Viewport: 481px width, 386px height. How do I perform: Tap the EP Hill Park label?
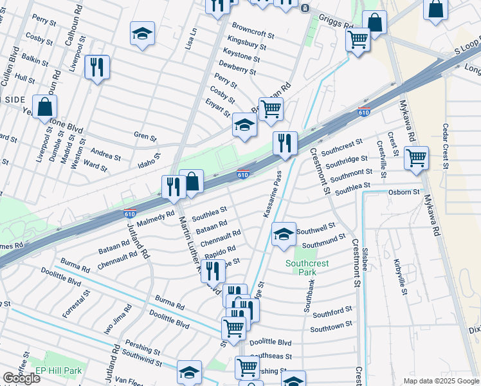click(x=59, y=371)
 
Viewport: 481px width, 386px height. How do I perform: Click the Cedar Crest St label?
click(x=444, y=146)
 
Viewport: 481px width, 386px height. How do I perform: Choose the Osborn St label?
click(x=403, y=192)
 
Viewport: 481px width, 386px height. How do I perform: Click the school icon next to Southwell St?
click(x=283, y=234)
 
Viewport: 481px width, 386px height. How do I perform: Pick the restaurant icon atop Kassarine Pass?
click(x=284, y=143)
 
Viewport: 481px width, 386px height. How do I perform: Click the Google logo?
click(x=21, y=378)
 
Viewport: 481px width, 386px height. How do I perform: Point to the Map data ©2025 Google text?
click(x=441, y=381)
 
